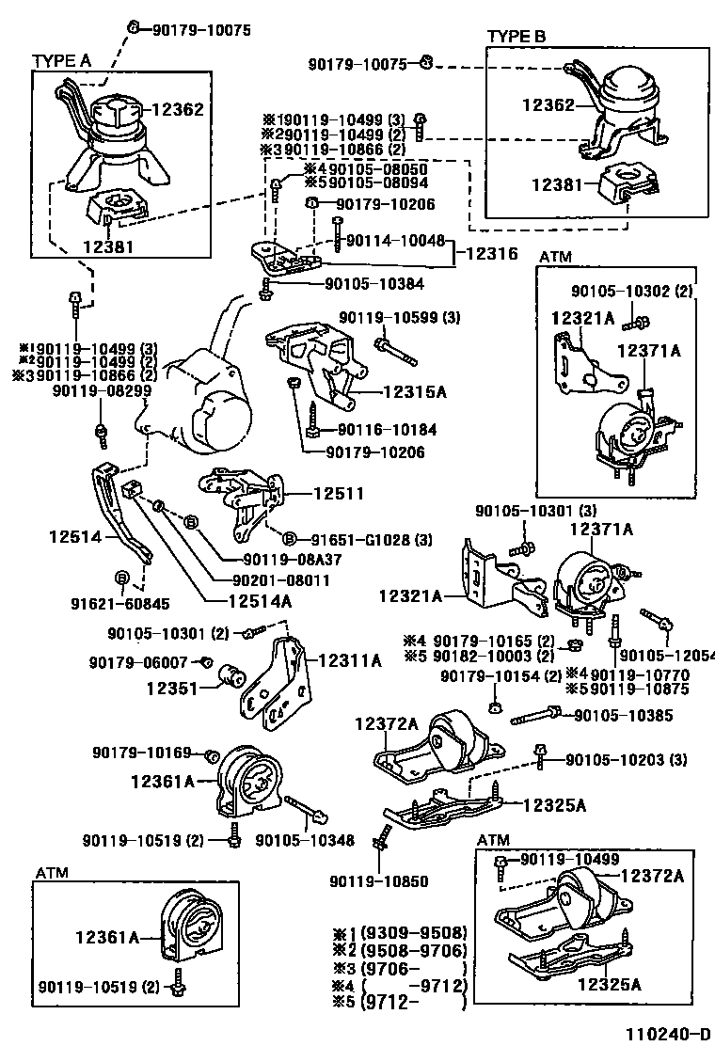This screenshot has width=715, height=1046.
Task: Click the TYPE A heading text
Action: tap(62, 60)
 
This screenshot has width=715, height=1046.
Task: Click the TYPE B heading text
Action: tap(516, 36)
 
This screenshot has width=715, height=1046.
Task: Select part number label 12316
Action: tap(492, 253)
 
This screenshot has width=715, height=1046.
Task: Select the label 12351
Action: tap(171, 688)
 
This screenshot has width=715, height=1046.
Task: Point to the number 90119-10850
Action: tap(379, 881)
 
